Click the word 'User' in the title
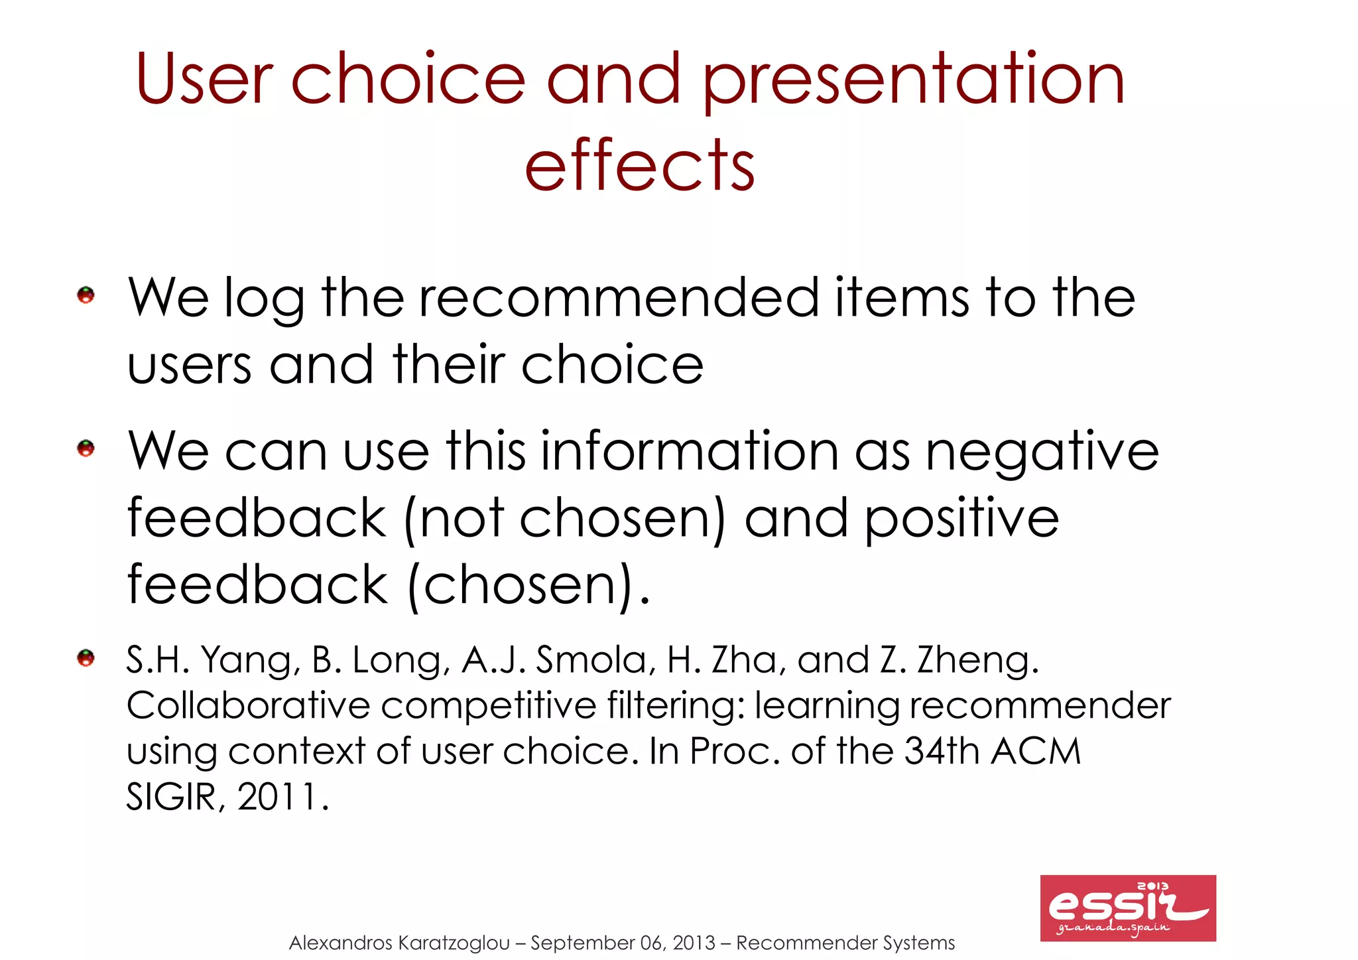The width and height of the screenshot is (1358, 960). tap(204, 79)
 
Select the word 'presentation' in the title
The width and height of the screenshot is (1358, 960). tap(913, 82)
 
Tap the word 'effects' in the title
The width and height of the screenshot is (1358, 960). tap(639, 165)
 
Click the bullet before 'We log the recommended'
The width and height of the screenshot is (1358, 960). tap(86, 295)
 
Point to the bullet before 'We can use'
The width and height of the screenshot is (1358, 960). tap(86, 448)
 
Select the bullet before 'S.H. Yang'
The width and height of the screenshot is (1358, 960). tap(86, 658)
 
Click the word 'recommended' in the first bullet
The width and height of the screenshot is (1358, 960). tap(619, 298)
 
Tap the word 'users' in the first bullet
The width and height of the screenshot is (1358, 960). tap(189, 366)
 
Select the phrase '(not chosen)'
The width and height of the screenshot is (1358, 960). tap(564, 519)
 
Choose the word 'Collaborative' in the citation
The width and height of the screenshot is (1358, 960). tap(247, 705)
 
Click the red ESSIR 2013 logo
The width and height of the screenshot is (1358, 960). tap(1127, 908)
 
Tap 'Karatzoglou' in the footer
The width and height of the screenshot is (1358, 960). tap(454, 943)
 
